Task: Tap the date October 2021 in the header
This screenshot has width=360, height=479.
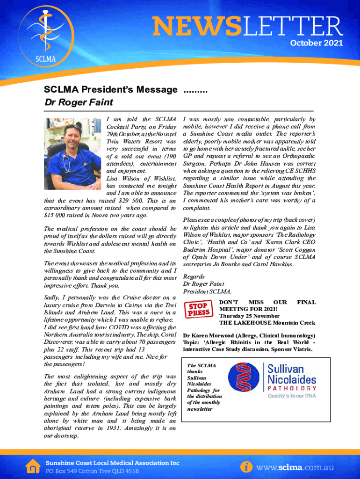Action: pos(317,43)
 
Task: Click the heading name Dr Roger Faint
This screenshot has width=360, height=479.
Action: pos(79,102)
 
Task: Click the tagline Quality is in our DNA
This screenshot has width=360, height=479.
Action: pos(292,396)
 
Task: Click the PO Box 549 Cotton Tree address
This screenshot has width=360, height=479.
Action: pos(92,471)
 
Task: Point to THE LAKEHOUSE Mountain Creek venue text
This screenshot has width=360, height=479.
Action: pos(267,323)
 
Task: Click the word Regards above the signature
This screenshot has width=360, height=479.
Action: pos(194,276)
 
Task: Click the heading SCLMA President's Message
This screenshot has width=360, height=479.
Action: pos(111,89)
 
